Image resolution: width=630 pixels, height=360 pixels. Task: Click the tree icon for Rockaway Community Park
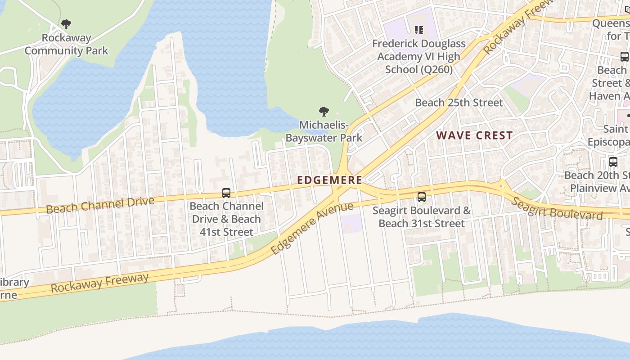click(x=66, y=24)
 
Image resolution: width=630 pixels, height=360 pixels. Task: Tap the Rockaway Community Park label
click(x=66, y=44)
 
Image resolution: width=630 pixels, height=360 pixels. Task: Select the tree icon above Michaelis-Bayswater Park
click(x=324, y=112)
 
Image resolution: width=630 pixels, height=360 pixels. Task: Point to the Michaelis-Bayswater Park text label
click(x=324, y=131)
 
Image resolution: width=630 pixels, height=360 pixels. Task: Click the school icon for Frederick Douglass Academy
click(x=419, y=30)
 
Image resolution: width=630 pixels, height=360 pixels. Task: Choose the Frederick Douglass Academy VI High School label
click(x=418, y=57)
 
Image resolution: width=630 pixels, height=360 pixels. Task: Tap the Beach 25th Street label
click(x=459, y=103)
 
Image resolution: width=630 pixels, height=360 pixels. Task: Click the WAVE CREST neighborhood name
click(x=474, y=135)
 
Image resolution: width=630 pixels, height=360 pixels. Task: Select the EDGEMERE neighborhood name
click(x=329, y=180)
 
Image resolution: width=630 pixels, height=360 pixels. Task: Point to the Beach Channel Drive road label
click(x=100, y=205)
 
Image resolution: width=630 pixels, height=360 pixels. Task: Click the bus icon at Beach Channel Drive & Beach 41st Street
click(x=226, y=193)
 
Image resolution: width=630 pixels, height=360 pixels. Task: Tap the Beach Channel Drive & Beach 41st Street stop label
click(x=226, y=219)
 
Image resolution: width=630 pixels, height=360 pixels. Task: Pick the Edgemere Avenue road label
click(x=312, y=228)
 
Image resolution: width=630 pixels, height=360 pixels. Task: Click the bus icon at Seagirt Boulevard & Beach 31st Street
click(x=421, y=197)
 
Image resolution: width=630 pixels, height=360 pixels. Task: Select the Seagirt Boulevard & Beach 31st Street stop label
click(x=421, y=217)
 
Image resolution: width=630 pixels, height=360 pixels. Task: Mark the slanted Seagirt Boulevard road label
click(x=557, y=208)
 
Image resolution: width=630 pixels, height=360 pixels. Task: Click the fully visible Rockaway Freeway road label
click(x=99, y=283)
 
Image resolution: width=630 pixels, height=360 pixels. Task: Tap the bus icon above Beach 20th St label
click(x=613, y=162)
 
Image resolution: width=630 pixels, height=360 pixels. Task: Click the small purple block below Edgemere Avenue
click(x=351, y=224)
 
